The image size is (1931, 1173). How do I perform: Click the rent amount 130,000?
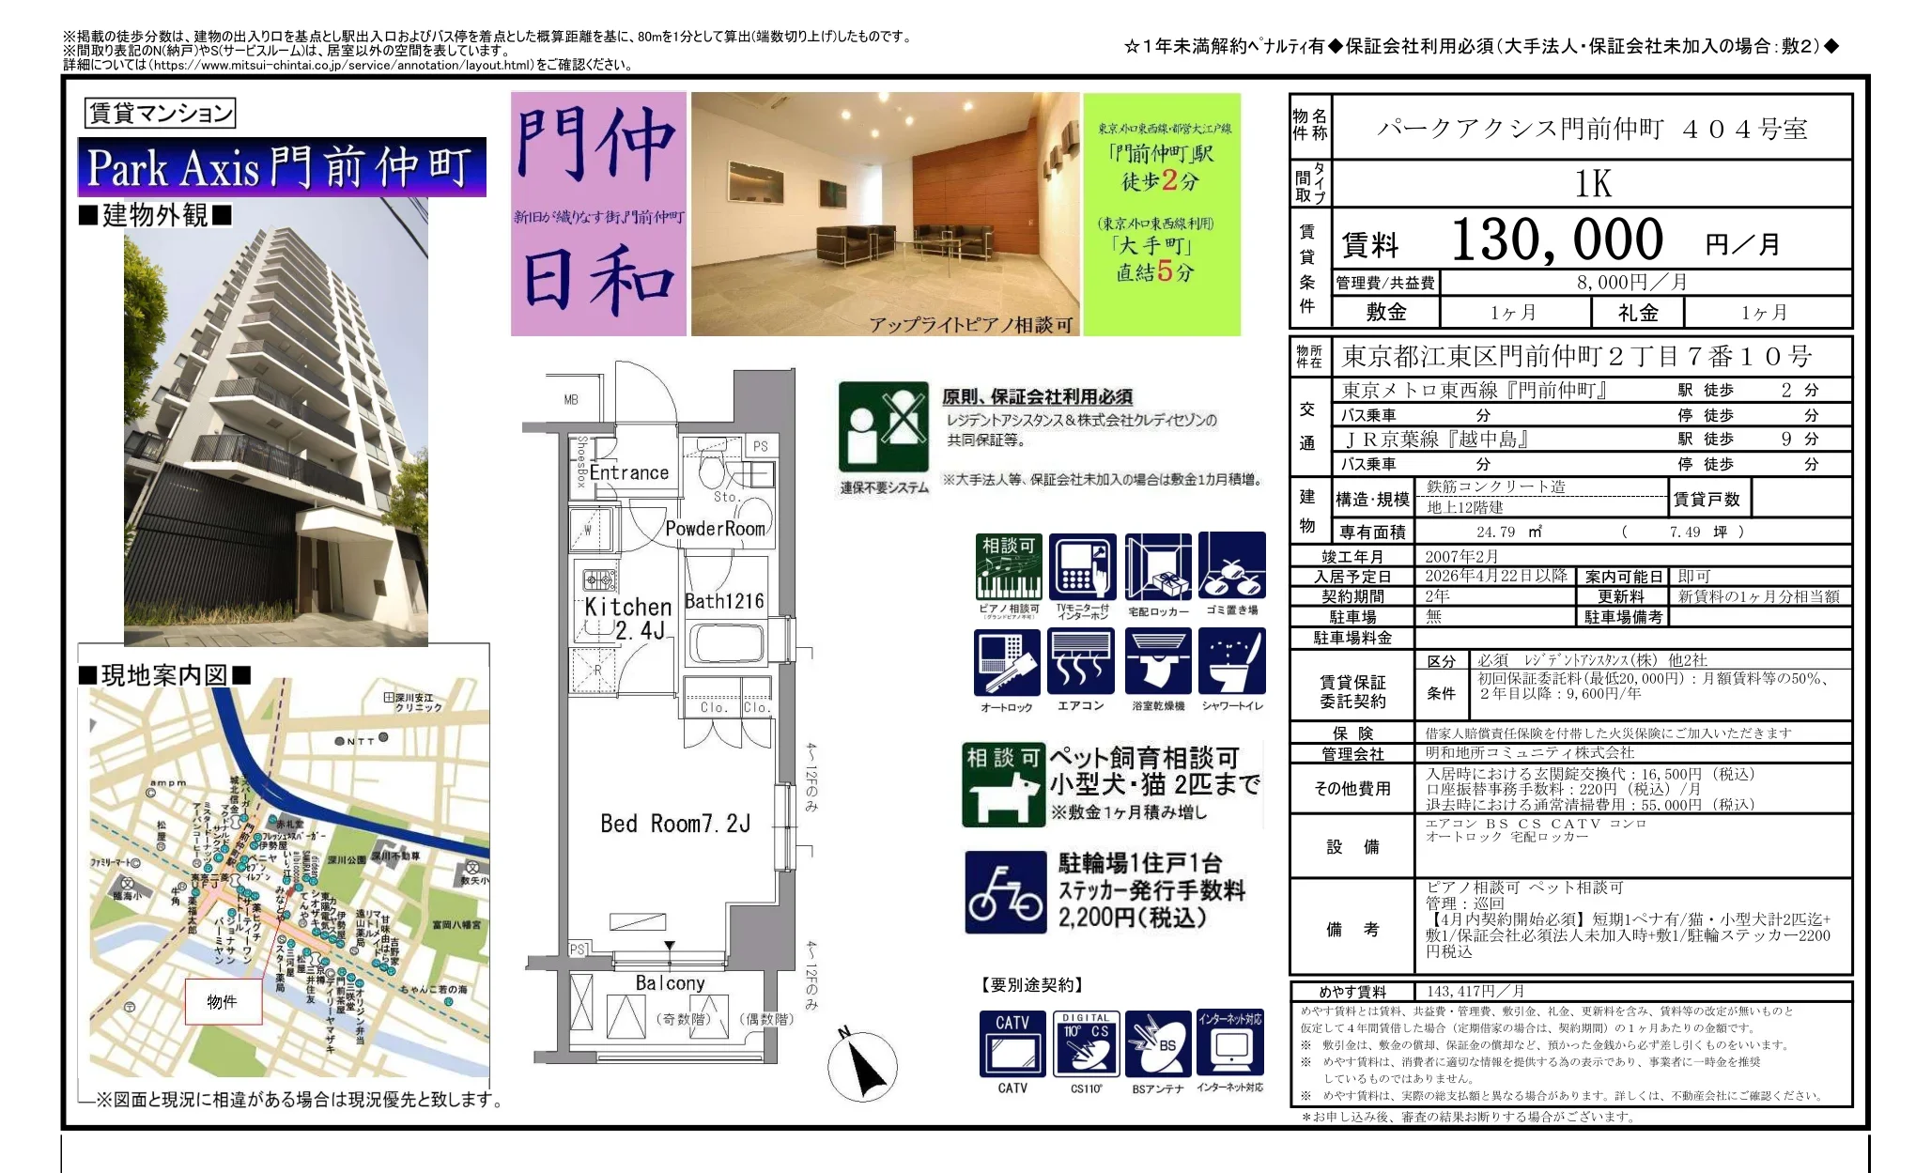pos(1556,240)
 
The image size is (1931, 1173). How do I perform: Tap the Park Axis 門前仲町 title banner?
pos(281,168)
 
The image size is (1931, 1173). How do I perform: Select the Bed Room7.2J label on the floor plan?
pos(674,825)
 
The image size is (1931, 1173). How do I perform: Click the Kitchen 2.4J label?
pos(627,618)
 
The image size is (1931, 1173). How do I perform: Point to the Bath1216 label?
pos(723,601)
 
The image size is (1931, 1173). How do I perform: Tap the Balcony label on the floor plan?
pos(670,983)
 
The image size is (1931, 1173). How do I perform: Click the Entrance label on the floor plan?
pos(628,472)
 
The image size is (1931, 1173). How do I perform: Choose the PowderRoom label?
pos(715,529)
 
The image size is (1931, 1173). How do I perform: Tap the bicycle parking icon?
pos(1005,892)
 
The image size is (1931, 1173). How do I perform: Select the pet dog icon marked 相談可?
pos(1003,785)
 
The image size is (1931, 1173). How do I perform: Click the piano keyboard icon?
pos(1009,567)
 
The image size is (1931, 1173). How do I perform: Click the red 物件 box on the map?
pos(223,1002)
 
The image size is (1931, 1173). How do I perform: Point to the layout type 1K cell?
pos(1592,184)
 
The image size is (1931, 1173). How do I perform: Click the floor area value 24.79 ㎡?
pos(1508,532)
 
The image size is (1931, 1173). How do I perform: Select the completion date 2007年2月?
pos(1461,557)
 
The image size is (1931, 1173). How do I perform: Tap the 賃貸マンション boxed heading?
pos(160,114)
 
